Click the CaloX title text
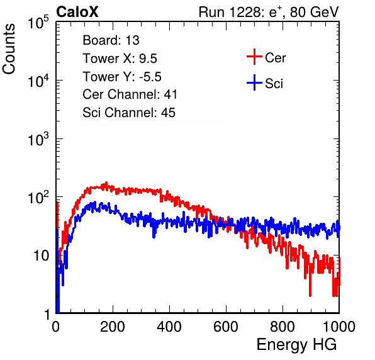(77, 11)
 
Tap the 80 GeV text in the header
(315, 12)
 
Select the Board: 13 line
(111, 40)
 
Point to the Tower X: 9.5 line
(120, 59)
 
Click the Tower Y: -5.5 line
(122, 77)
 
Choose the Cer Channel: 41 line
(130, 94)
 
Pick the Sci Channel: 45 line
(129, 113)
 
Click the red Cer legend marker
(254, 57)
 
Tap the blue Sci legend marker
(254, 82)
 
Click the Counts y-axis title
(9, 49)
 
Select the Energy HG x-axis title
(296, 345)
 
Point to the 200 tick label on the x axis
(113, 327)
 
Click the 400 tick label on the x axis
(169, 327)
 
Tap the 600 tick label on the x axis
(226, 327)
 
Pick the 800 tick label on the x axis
(283, 327)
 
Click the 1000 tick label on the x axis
(339, 327)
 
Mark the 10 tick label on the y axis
(42, 256)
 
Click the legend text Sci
(274, 84)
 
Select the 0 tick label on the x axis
(55, 327)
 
